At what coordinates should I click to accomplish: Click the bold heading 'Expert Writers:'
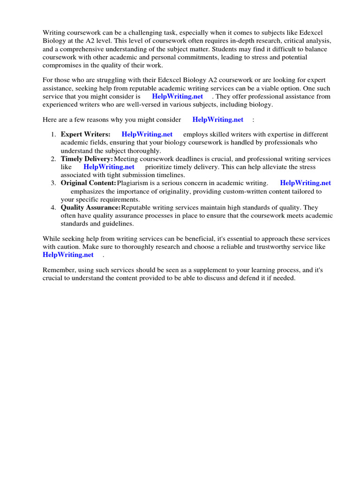(x=85, y=135)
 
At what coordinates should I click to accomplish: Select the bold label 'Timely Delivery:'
(x=87, y=159)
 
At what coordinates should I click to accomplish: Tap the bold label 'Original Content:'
(x=88, y=183)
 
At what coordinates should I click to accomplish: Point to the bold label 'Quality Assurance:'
(x=90, y=208)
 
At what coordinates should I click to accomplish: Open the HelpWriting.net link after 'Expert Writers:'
(x=147, y=135)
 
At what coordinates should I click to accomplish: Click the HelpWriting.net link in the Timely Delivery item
(x=109, y=167)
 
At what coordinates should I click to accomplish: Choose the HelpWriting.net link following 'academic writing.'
(x=305, y=183)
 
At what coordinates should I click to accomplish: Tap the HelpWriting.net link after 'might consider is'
(x=177, y=97)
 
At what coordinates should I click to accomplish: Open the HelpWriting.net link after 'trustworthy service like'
(x=68, y=255)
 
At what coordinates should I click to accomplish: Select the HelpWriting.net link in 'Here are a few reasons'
(x=217, y=120)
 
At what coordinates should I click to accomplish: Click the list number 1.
(x=53, y=135)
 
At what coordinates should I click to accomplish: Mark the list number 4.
(x=53, y=208)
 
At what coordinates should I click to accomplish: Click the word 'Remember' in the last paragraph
(x=58, y=270)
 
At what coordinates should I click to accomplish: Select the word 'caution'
(x=67, y=247)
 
